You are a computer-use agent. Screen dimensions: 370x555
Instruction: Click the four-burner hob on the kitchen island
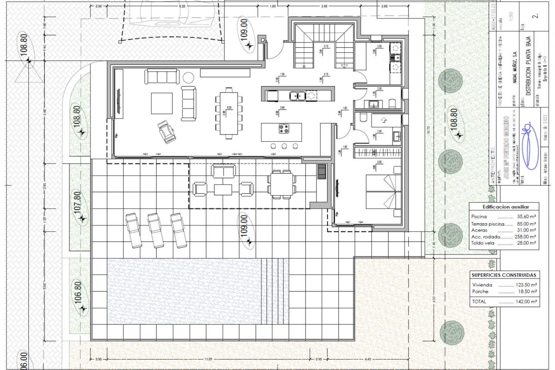(284, 129)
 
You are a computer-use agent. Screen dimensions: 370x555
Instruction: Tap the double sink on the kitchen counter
(297, 95)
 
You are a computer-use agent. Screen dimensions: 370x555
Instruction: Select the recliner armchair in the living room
(166, 132)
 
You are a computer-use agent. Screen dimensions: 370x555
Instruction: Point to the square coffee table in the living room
(162, 103)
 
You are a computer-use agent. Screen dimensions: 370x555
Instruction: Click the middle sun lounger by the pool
(156, 230)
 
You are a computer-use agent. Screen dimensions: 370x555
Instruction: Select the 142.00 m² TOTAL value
(526, 301)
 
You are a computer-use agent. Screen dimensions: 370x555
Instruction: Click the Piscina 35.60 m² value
(526, 217)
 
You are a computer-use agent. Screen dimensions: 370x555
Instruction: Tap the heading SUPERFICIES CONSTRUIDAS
(504, 275)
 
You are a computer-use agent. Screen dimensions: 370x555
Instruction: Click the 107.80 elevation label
(77, 202)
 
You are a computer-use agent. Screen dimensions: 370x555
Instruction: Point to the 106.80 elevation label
(78, 293)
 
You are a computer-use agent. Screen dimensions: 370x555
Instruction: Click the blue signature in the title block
(530, 146)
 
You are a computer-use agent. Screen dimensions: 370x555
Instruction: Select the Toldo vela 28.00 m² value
(526, 243)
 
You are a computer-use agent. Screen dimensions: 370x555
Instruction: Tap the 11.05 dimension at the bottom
(208, 359)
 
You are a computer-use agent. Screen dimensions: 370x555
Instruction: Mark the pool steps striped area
(275, 291)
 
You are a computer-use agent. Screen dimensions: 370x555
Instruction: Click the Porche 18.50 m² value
(527, 292)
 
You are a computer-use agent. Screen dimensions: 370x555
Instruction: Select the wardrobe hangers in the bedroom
(377, 152)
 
